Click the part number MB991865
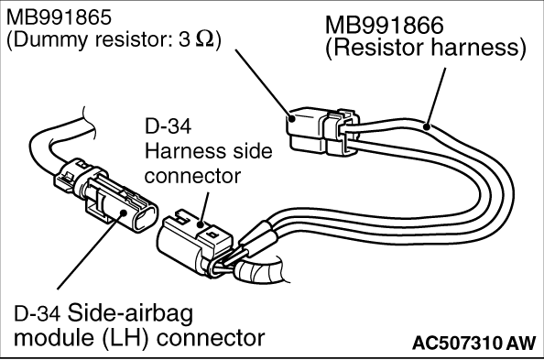(59, 17)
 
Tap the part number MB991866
(385, 25)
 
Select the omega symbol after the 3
(205, 40)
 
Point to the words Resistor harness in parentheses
(426, 48)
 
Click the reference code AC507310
(457, 344)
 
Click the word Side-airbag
(130, 313)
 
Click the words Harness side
(208, 151)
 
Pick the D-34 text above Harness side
(168, 126)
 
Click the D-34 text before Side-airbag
(38, 313)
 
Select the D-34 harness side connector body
(194, 243)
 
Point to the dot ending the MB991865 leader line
(292, 118)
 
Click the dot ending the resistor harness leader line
(427, 126)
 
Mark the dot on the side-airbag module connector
(123, 213)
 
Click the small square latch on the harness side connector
(211, 235)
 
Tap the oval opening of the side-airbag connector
(146, 216)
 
